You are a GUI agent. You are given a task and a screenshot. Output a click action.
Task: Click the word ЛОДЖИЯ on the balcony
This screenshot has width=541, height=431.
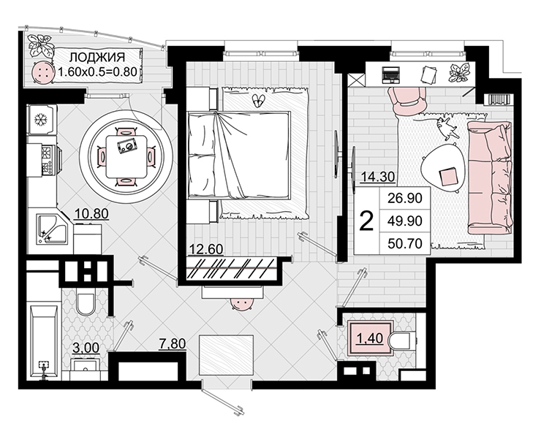[x=97, y=57]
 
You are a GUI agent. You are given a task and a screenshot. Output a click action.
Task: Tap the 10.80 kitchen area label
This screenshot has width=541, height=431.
[x=91, y=214]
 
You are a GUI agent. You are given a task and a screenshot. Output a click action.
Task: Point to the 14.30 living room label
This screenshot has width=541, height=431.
[x=378, y=177]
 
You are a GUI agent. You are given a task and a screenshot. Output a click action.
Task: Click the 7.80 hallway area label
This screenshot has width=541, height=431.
[x=173, y=344]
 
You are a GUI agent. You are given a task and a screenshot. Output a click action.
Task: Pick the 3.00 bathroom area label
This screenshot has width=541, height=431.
[x=86, y=348]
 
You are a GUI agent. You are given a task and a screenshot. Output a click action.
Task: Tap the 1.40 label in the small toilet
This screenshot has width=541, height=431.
[x=369, y=339]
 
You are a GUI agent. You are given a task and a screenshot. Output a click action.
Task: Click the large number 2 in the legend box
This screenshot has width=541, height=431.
[x=366, y=221]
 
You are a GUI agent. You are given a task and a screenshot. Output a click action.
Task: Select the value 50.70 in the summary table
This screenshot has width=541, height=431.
[x=405, y=244]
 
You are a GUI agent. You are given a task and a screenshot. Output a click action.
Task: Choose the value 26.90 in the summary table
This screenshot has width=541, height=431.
[x=405, y=198]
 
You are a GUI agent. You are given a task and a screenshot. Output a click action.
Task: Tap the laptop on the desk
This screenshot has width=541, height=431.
[x=391, y=75]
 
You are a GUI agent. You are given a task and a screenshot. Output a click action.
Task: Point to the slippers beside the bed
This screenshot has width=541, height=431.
[x=259, y=100]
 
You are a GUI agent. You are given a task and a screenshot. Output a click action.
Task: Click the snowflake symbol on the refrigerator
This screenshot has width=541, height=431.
[x=41, y=120]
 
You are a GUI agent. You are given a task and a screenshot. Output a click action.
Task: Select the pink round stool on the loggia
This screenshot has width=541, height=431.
[x=43, y=72]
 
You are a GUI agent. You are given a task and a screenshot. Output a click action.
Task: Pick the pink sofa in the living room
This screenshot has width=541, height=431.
[x=489, y=178]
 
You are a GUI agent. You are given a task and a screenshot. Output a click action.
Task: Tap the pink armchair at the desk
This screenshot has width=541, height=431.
[x=407, y=100]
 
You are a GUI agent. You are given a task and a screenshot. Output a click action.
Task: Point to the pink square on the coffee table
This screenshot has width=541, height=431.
[x=448, y=176]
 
